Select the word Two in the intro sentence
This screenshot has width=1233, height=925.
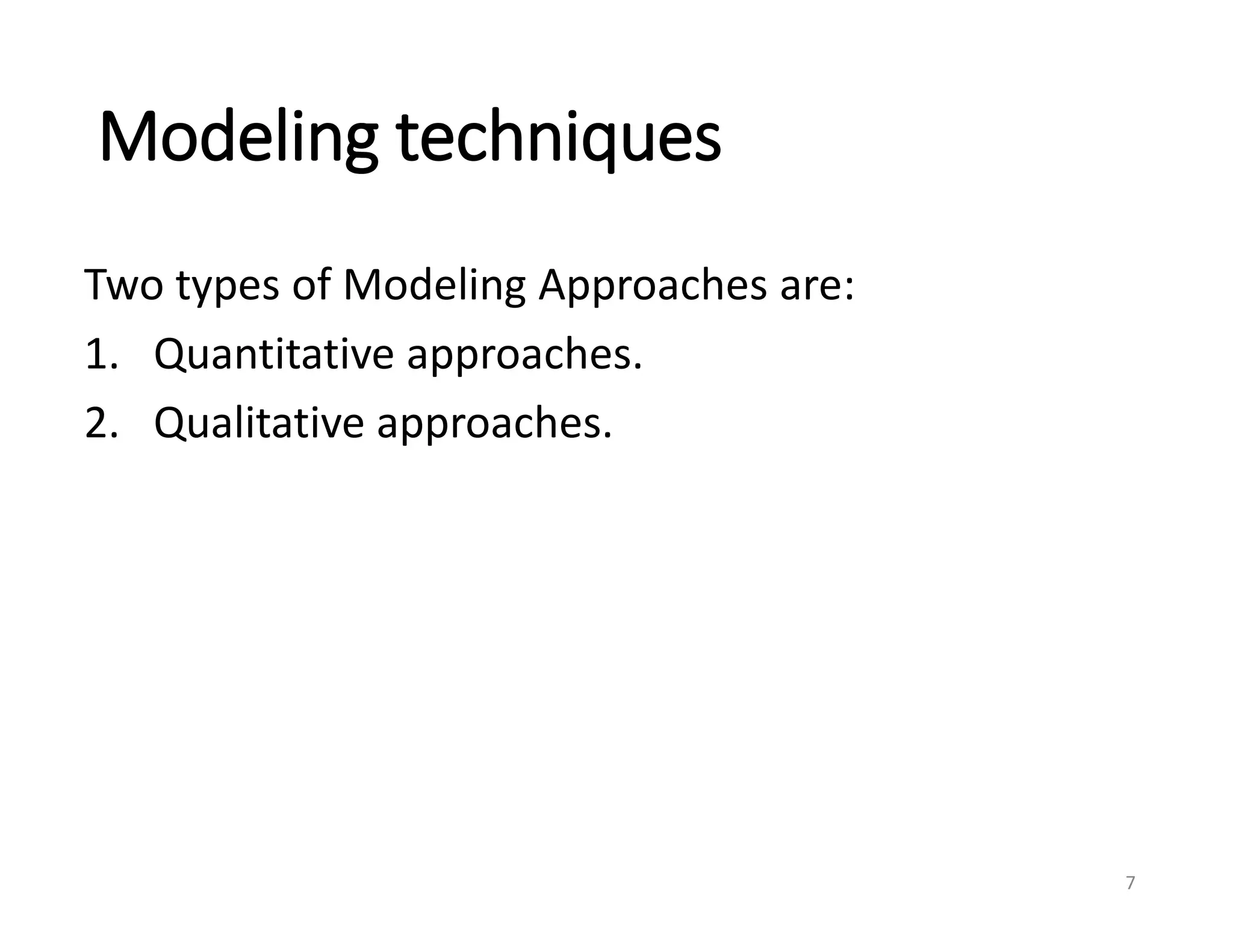coord(123,285)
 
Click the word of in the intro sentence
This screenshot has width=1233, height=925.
coord(311,285)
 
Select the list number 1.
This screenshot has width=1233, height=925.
coord(96,354)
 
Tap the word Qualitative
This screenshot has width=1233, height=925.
coord(258,423)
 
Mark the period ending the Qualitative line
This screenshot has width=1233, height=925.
coord(607,435)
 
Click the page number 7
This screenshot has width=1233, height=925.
coord(1130,883)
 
